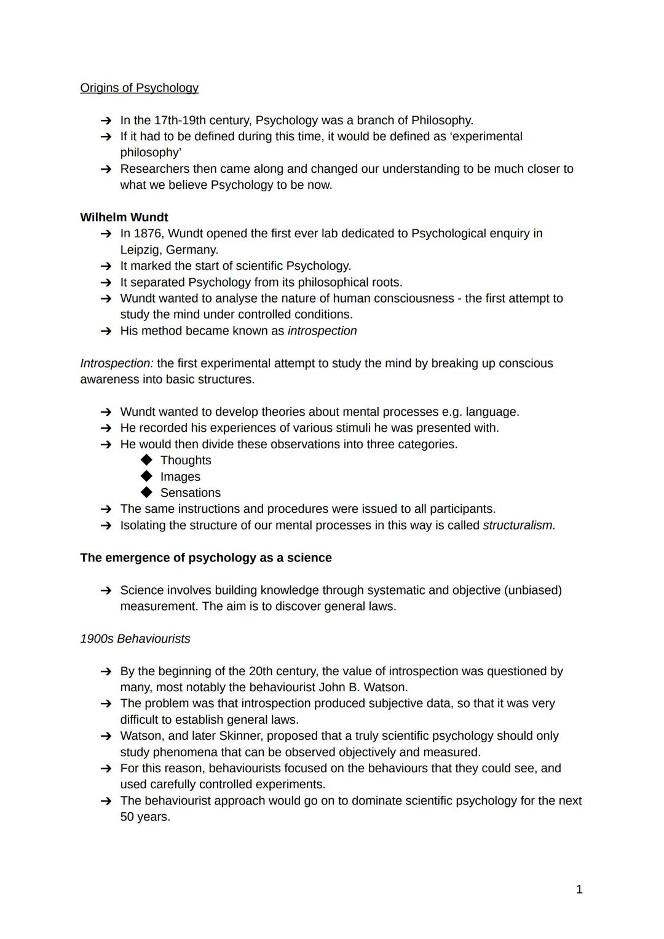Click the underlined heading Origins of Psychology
click(139, 88)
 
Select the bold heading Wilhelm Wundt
click(124, 217)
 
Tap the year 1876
click(147, 234)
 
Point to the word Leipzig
click(140, 250)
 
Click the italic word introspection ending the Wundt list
click(322, 331)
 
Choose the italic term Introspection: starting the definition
click(117, 363)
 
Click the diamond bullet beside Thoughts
click(146, 460)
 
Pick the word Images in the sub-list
click(180, 477)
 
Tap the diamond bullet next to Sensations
click(146, 493)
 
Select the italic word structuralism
click(519, 525)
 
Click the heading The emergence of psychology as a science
click(205, 558)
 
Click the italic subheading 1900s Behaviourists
click(135, 639)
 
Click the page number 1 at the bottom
click(579, 889)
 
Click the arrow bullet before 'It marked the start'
click(106, 266)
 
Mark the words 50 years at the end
click(144, 817)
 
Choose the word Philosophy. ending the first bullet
click(442, 121)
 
